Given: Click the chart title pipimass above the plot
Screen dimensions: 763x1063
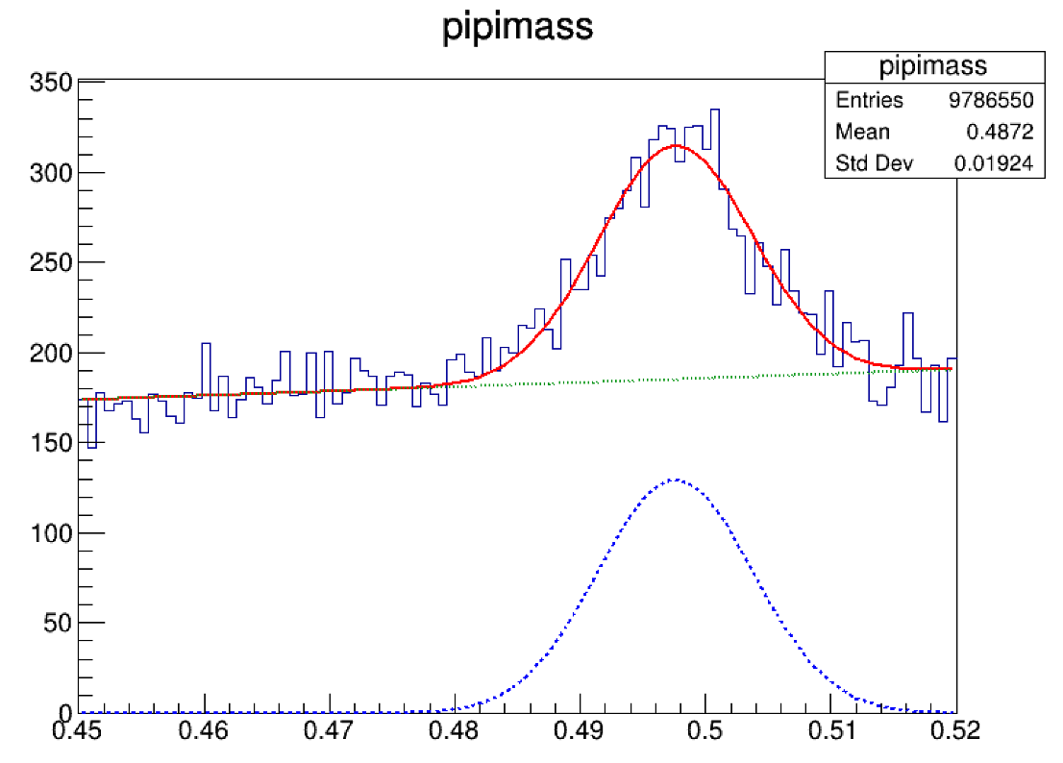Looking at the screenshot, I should point(517,29).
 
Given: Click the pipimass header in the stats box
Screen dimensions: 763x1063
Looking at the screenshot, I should point(933,66).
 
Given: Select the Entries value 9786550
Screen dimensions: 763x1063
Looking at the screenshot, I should point(991,100).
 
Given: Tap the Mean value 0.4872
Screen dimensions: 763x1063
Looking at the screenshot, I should point(1005,132).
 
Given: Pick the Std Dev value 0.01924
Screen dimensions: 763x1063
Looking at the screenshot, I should point(994,163).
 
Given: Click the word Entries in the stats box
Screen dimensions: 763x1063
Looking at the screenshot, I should point(870,100).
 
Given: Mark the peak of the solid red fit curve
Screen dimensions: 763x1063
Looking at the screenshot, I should point(676,145).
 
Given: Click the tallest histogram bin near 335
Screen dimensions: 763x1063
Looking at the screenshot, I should point(714,111).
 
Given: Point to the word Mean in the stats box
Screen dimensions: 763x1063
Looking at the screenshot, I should point(863,132).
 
